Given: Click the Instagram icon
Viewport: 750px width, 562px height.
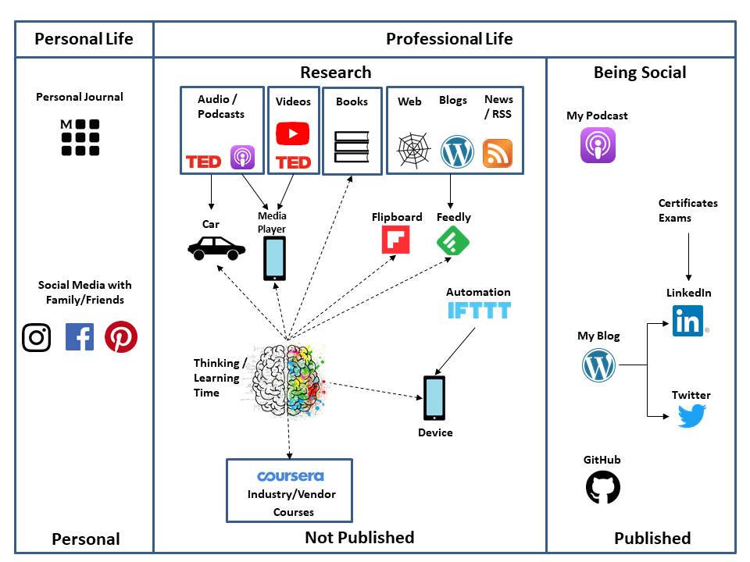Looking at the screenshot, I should click(x=36, y=337).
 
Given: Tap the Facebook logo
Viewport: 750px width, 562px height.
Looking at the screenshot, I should click(x=80, y=337).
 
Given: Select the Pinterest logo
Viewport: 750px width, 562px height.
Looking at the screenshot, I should click(x=121, y=337).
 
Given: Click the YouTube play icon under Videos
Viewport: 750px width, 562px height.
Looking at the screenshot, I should click(x=293, y=133).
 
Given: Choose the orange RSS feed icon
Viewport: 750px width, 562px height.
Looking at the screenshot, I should click(x=498, y=153).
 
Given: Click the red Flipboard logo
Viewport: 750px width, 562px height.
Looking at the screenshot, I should click(x=395, y=240).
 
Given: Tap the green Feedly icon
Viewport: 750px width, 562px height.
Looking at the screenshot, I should click(x=453, y=240).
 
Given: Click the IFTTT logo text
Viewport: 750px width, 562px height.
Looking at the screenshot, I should click(x=479, y=311).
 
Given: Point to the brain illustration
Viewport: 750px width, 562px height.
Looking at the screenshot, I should click(x=287, y=379).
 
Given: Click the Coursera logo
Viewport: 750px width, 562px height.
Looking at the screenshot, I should click(x=290, y=476).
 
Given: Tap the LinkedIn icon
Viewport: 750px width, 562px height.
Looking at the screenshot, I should click(x=688, y=320).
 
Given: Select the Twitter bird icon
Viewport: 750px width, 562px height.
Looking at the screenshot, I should click(x=691, y=416).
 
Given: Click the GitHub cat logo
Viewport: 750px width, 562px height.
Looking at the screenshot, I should click(x=603, y=488).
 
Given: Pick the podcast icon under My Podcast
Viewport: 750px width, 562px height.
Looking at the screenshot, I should click(x=598, y=145).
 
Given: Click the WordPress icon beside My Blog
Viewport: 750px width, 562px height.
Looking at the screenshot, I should click(x=599, y=365).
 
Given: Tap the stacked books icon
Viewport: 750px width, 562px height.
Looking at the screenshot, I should click(x=352, y=146).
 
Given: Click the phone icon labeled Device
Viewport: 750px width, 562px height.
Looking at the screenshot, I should click(x=434, y=398).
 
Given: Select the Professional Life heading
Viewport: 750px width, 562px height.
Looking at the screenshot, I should click(x=449, y=38).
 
